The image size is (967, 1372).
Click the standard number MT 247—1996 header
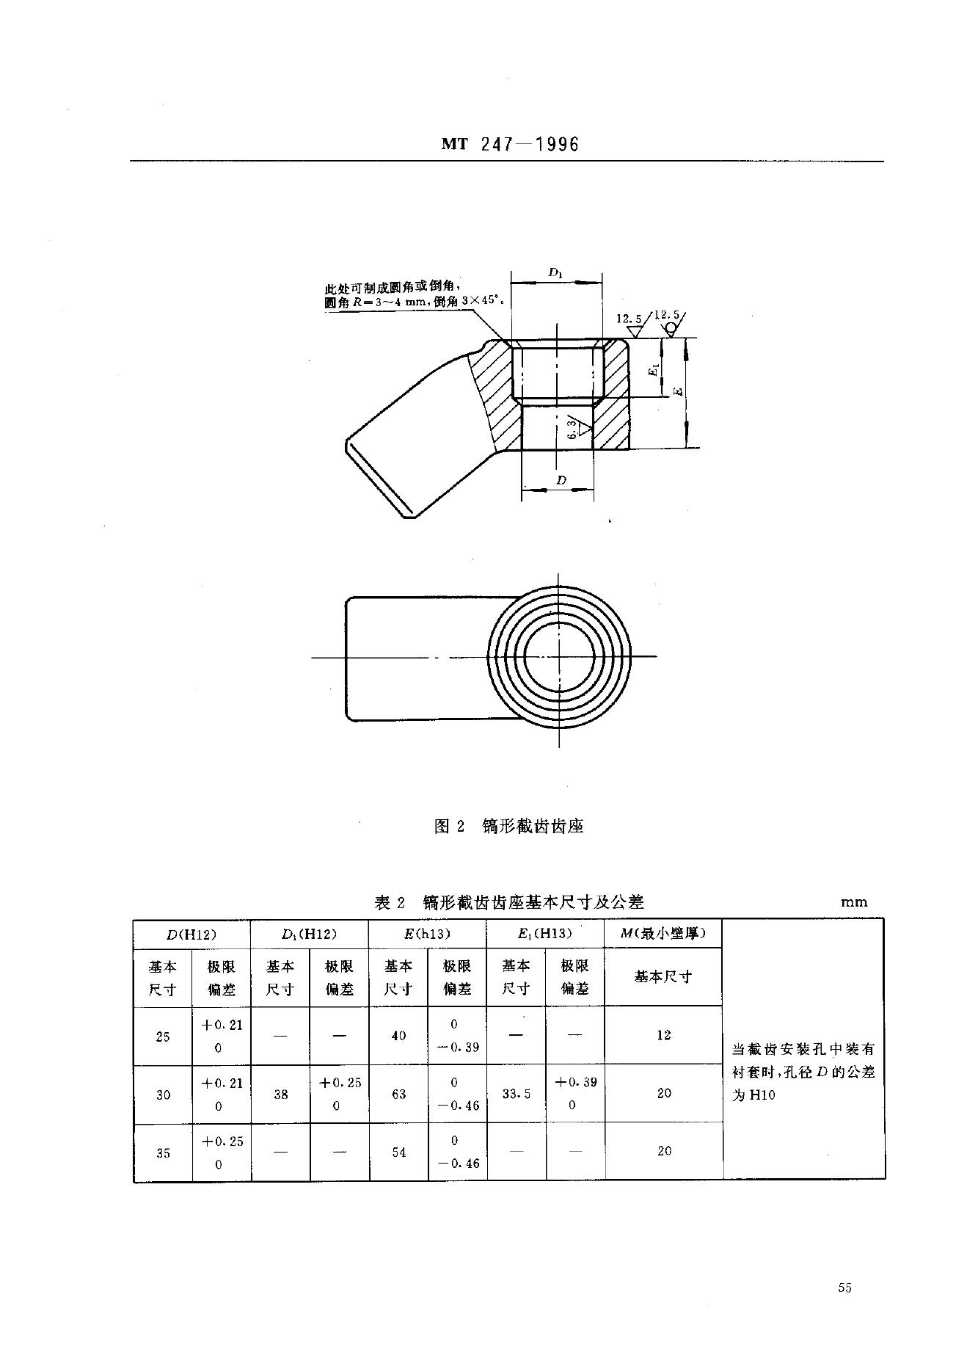pyautogui.click(x=510, y=145)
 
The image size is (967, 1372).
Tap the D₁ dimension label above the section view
pyautogui.click(x=555, y=273)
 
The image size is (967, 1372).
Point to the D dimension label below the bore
pyautogui.click(x=561, y=480)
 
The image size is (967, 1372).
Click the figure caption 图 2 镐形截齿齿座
pyautogui.click(x=508, y=826)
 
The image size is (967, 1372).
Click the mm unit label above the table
pyautogui.click(x=854, y=902)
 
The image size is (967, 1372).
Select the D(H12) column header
pyautogui.click(x=191, y=934)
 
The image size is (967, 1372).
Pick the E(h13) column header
pyautogui.click(x=426, y=934)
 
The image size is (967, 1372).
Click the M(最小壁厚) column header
pyautogui.click(x=663, y=934)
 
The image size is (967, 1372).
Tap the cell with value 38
pyautogui.click(x=280, y=1094)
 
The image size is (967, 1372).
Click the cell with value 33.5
pyautogui.click(x=517, y=1094)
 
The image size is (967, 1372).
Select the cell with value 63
pyautogui.click(x=398, y=1094)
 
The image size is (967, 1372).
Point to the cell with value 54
pyautogui.click(x=398, y=1153)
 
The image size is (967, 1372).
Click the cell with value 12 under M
pyautogui.click(x=663, y=1035)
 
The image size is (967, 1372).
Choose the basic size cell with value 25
pyautogui.click(x=163, y=1036)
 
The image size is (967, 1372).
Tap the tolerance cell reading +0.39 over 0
pyautogui.click(x=575, y=1094)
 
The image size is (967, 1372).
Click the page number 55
pyautogui.click(x=844, y=1287)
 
